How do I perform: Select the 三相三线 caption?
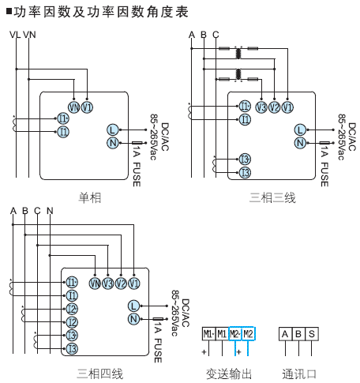pyautogui.click(x=272, y=197)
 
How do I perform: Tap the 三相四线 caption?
pyautogui.click(x=100, y=374)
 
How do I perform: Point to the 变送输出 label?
pyautogui.click(x=229, y=374)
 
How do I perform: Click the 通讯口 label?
pyautogui.click(x=300, y=374)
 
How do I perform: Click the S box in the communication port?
pyautogui.click(x=312, y=334)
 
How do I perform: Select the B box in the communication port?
pyautogui.click(x=298, y=334)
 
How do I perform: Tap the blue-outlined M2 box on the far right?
pyautogui.click(x=249, y=334)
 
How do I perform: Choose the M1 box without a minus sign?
pyautogui.click(x=222, y=334)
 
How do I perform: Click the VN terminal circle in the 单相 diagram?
pyautogui.click(x=74, y=107)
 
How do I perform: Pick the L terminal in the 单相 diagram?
pyautogui.click(x=112, y=130)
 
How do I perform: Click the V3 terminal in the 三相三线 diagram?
pyautogui.click(x=261, y=107)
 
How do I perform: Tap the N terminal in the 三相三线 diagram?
pyautogui.click(x=300, y=143)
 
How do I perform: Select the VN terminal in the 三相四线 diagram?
pyautogui.click(x=95, y=283)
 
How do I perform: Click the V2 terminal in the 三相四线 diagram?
pyautogui.click(x=121, y=283)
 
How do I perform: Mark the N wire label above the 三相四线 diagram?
pyautogui.click(x=50, y=211)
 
